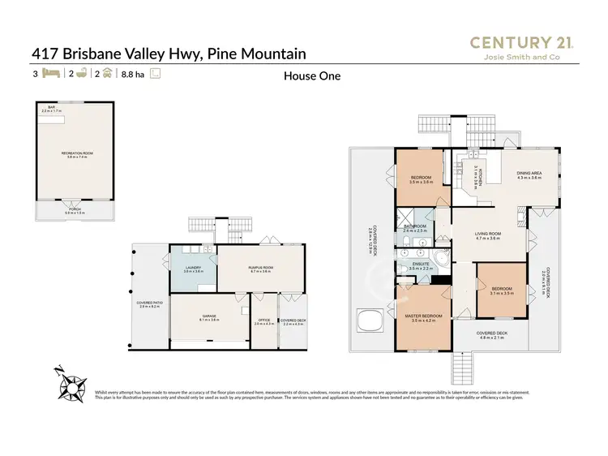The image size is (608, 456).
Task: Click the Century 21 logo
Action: (x=522, y=47)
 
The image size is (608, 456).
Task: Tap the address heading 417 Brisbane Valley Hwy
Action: (x=169, y=54)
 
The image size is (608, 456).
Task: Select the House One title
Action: (x=311, y=76)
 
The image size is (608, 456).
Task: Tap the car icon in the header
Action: (x=106, y=74)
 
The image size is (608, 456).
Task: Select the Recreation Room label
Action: (x=75, y=154)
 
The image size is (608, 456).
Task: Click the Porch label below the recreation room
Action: (x=75, y=210)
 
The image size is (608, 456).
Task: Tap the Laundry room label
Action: (x=193, y=269)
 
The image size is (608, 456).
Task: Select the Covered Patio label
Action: (x=151, y=305)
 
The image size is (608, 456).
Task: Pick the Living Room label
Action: (x=487, y=236)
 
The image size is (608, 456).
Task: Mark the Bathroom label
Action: (x=415, y=228)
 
